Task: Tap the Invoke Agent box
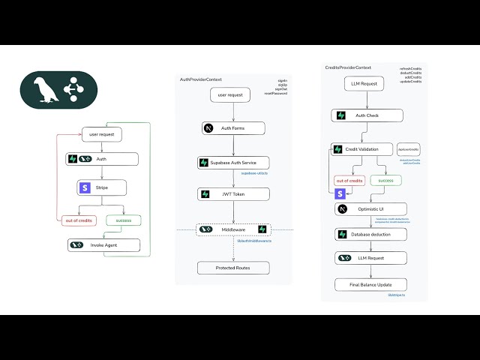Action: point(103,244)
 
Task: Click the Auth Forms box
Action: point(233,128)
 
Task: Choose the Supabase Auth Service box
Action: point(233,163)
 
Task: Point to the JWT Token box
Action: point(233,194)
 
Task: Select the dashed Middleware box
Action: point(233,229)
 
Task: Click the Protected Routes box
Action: point(233,268)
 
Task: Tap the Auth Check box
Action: point(367,115)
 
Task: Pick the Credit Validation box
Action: point(362,150)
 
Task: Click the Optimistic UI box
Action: point(370,209)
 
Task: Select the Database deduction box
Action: point(370,234)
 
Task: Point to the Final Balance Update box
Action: point(370,284)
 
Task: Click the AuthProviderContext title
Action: point(201,79)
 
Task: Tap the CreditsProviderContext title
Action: point(348,67)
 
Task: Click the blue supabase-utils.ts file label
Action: point(254,173)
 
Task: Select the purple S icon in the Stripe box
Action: point(85,188)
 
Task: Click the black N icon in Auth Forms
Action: point(208,128)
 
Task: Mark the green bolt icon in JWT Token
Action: point(204,194)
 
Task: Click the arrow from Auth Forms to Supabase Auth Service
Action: point(233,145)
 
